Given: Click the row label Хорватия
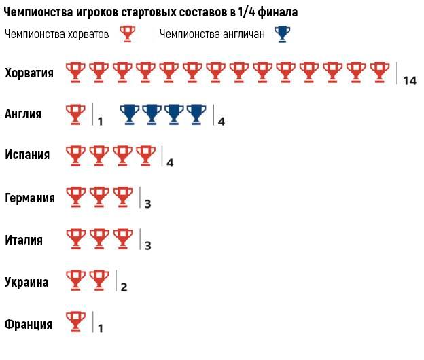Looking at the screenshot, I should pos(29,72).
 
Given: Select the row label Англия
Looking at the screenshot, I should pos(23,113).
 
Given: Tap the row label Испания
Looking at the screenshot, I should pos(27,155).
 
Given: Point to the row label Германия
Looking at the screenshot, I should pos(30,198).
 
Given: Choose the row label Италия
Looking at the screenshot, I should pos(24,240).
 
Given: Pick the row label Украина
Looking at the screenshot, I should pos(26,282).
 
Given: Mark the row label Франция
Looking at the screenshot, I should pos(29,324).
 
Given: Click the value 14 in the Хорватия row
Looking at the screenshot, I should pos(409,81).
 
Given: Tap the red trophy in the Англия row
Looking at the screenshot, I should pos(75,113).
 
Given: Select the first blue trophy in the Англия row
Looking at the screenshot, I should pos(130,113).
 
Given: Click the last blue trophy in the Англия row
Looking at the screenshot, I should pos(197,113).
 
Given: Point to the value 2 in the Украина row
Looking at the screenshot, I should pos(124,287).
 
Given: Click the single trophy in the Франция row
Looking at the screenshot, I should pos(75,321).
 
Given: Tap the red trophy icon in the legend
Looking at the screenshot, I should pos(127,34).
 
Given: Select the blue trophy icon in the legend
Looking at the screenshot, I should pos(281,34).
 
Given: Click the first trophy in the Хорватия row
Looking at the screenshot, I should pos(75,71).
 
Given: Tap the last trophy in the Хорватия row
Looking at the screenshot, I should pos(380,71).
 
